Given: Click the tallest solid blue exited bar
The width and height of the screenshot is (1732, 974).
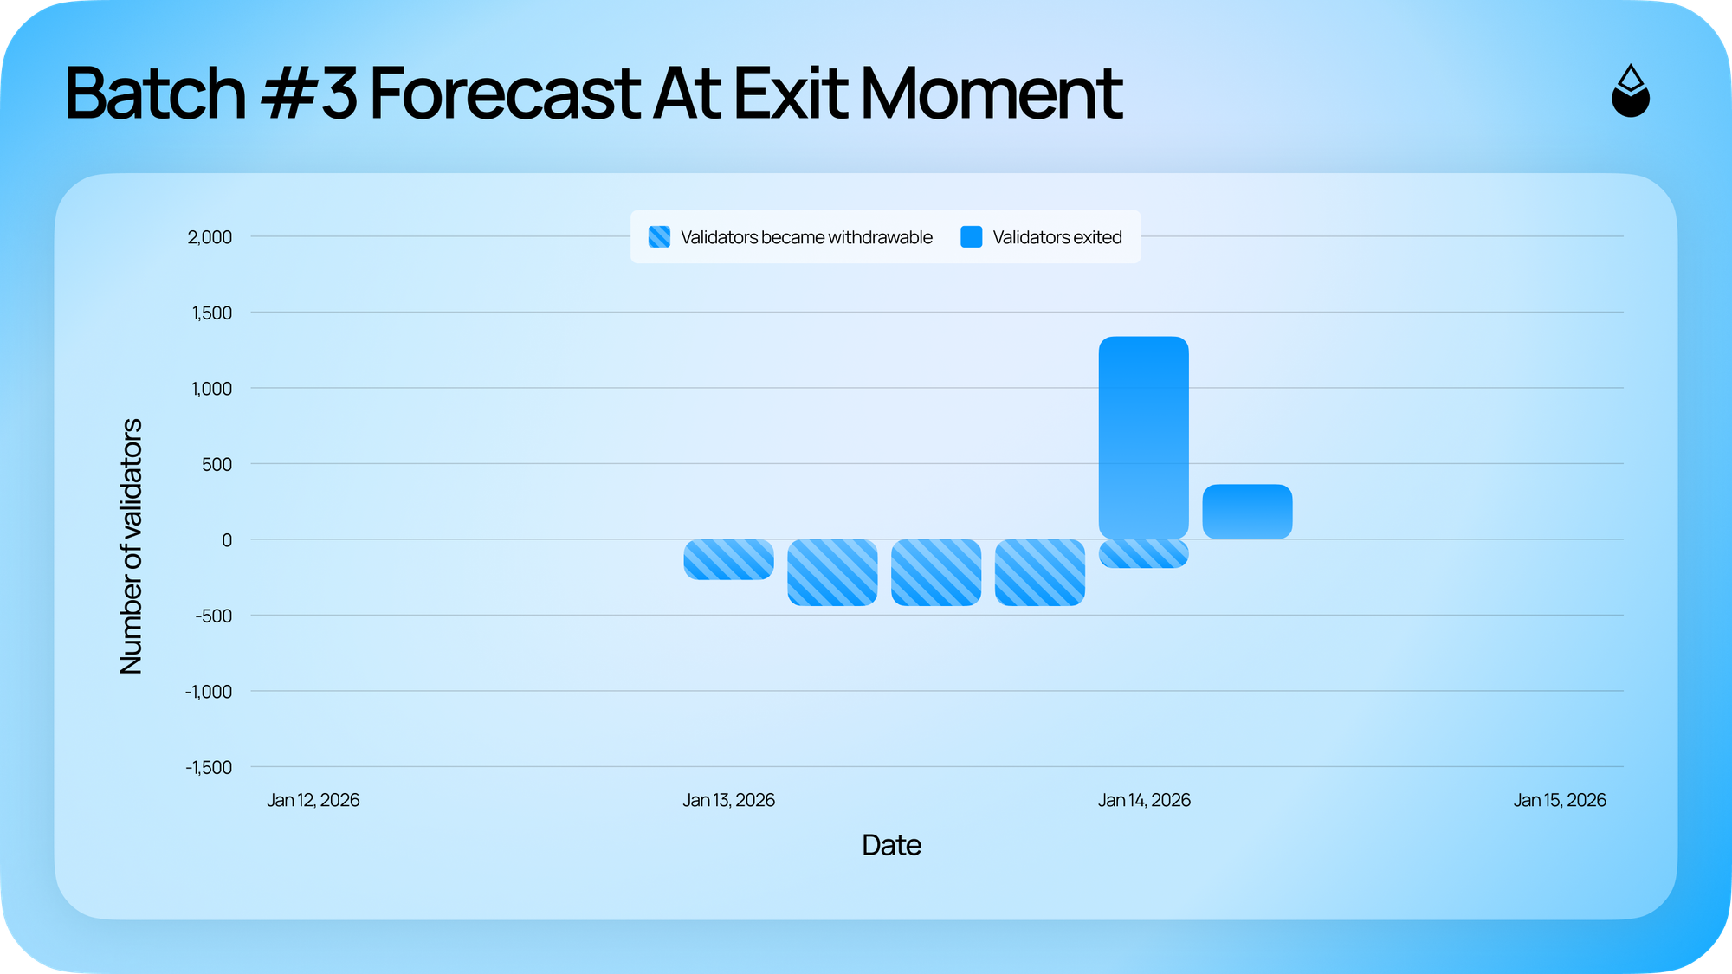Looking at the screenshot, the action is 1143,437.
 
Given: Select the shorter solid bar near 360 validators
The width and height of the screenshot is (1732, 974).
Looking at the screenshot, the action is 1247,512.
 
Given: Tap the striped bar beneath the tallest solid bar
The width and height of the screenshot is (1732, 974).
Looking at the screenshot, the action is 1143,553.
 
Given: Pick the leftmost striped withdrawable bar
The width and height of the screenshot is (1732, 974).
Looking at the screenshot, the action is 728,559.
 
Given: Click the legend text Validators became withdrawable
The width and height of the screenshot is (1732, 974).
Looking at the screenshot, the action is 806,237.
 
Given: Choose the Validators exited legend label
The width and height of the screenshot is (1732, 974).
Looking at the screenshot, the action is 1057,237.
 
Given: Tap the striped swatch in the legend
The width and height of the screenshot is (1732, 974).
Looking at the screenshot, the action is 659,236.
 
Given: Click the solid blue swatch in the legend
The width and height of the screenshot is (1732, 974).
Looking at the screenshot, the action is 972,236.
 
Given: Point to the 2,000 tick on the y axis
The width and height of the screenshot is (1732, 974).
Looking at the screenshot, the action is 210,237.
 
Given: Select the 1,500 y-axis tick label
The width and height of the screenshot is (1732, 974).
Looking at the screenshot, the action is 212,313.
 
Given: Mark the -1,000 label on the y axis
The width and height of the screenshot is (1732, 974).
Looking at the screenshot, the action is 209,692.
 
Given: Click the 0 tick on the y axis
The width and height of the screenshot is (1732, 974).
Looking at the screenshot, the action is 227,540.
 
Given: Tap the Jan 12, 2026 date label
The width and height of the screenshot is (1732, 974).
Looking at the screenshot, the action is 313,800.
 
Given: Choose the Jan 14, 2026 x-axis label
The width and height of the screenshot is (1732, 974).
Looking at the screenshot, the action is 1144,800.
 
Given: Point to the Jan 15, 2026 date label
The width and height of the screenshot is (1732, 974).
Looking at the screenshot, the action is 1560,800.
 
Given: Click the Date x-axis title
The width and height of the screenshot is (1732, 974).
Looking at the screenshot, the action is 891,845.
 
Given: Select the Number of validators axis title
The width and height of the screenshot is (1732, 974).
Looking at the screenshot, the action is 131,546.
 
